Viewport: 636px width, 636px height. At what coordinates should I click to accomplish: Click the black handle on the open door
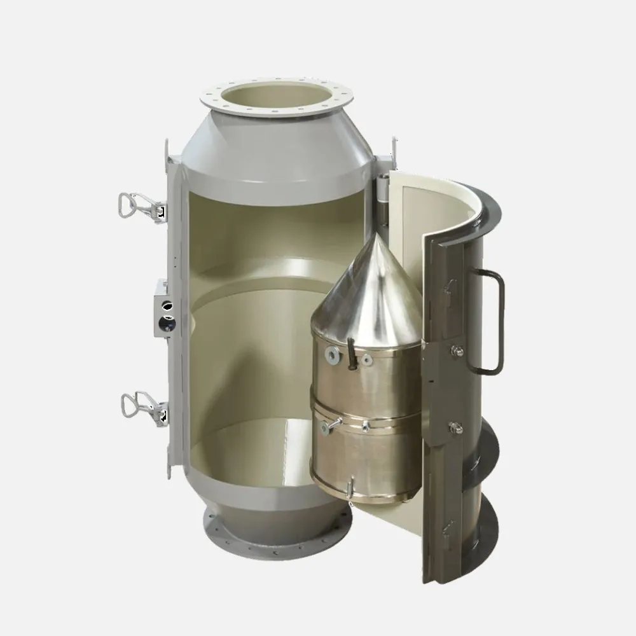(x=490, y=322)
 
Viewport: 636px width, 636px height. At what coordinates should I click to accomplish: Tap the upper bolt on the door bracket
(x=457, y=351)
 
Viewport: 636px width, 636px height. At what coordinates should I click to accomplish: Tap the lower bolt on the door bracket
(x=455, y=427)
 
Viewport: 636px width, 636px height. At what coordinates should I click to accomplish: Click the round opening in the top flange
(x=275, y=98)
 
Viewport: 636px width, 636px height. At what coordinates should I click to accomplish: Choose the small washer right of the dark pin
(x=367, y=360)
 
